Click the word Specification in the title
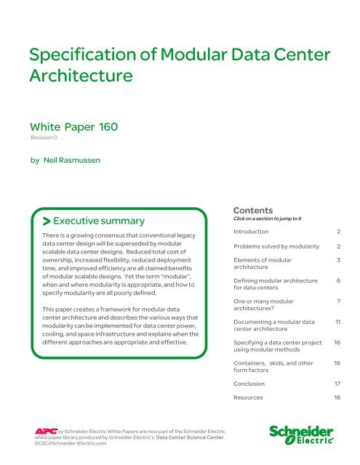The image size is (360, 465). (68, 52)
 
